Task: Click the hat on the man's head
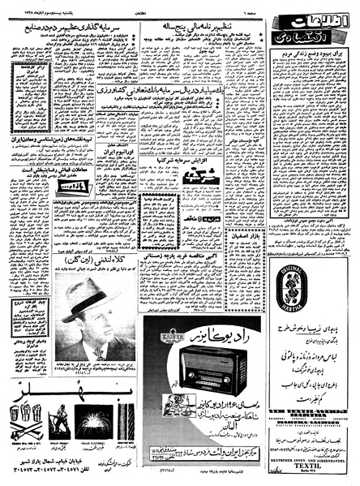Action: pyautogui.click(x=87, y=296)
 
